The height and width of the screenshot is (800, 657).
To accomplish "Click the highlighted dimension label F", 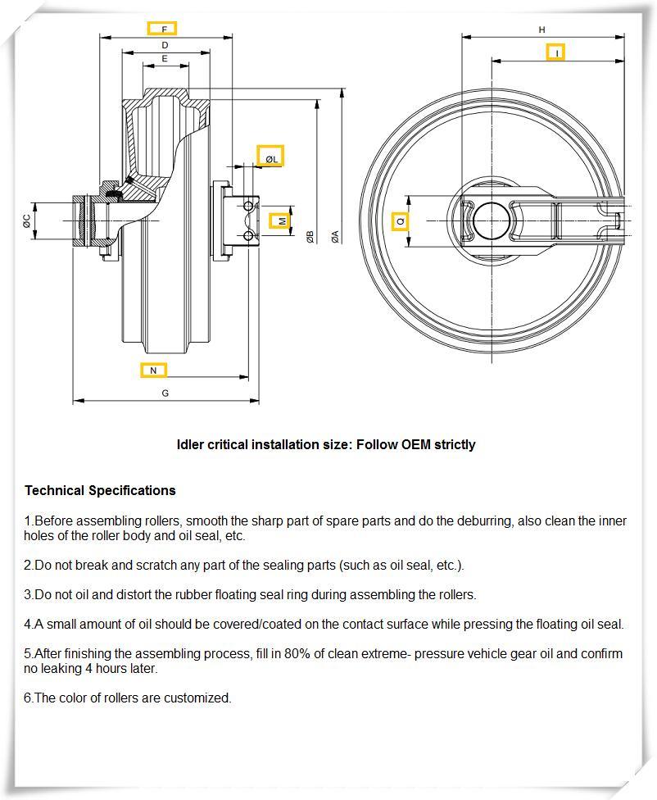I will coord(162,28).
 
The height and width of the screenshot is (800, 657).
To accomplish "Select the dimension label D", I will coord(165,45).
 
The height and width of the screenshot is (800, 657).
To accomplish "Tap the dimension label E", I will coord(165,59).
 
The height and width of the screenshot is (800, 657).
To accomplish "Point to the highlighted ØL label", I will coord(270,157).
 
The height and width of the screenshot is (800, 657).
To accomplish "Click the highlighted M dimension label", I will coord(281,220).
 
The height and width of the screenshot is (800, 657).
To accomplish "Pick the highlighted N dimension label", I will coord(153,370).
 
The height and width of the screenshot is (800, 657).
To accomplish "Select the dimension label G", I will coord(165,393).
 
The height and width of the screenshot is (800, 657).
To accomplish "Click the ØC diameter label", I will coord(27,220).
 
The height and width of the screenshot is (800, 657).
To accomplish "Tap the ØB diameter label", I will coord(310,236).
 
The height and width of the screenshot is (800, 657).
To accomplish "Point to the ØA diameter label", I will coord(334,236).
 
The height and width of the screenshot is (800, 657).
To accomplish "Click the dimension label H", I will coord(541,30).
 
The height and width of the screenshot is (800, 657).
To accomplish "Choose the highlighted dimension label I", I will coord(556,52).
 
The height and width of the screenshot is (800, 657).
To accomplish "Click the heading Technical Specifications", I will coord(100,490).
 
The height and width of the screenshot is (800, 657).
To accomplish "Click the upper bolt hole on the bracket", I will coord(249,207).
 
